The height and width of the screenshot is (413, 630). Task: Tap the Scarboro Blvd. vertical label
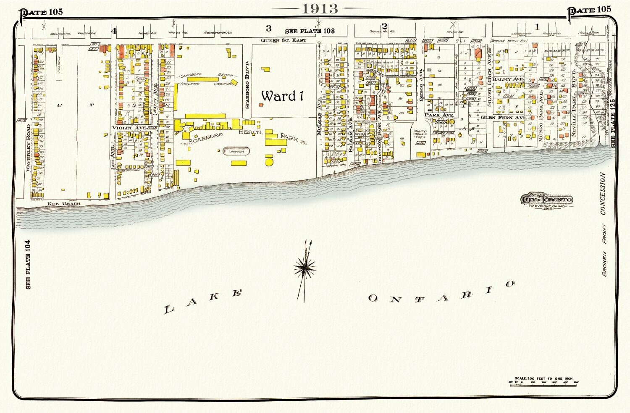click(247, 84)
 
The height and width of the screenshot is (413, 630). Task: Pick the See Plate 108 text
click(310, 31)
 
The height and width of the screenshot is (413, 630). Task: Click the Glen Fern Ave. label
click(503, 118)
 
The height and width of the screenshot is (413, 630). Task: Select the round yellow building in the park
click(269, 161)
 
